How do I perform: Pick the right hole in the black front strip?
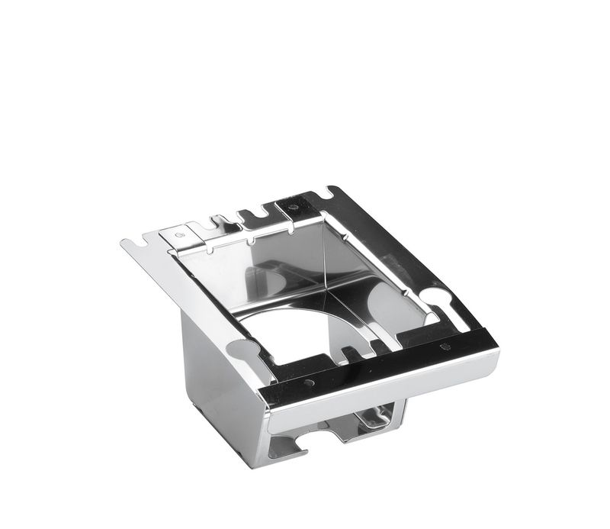point(445,347)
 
